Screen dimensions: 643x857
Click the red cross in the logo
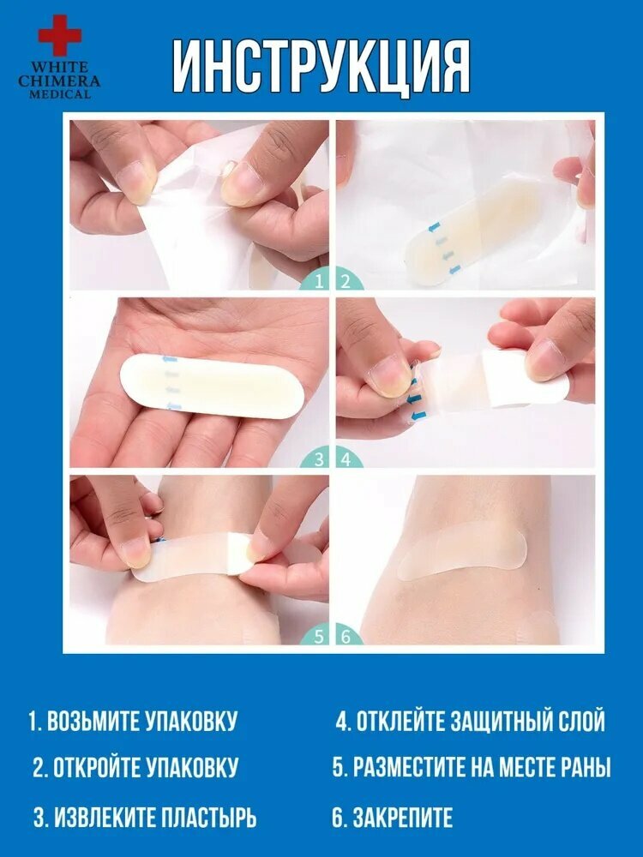pos(60,35)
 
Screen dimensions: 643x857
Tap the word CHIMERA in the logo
pos(59,81)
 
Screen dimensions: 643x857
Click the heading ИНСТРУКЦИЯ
pos(321,67)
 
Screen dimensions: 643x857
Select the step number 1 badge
pos(316,281)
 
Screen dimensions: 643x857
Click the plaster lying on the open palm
pos(212,386)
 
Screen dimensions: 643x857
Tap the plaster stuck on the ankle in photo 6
pos(462,551)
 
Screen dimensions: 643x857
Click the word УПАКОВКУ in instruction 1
pos(191,722)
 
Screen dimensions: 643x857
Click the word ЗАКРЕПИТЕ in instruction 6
pos(403,818)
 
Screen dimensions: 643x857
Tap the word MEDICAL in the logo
pos(59,94)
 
